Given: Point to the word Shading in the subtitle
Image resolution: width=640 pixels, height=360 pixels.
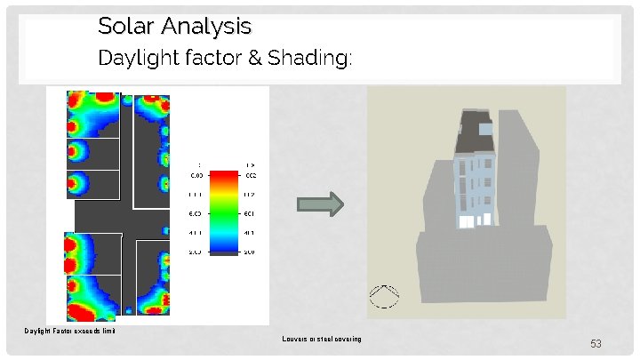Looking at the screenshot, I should pos(318,60).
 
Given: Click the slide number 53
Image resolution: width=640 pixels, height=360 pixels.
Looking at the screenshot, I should pos(596,343).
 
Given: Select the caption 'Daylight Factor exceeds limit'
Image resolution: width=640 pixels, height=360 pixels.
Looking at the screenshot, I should pos(70,332).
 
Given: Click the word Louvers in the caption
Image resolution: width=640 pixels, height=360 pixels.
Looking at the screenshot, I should pos(295,339).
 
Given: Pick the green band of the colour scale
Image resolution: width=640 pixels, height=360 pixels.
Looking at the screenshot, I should pos(224,214).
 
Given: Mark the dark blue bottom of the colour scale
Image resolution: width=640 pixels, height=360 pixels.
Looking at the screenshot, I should pos(224,252).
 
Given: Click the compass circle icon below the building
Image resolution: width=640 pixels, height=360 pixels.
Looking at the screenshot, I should pos(384,296).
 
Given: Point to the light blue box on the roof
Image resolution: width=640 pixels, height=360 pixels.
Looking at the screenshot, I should pos(485,129).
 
